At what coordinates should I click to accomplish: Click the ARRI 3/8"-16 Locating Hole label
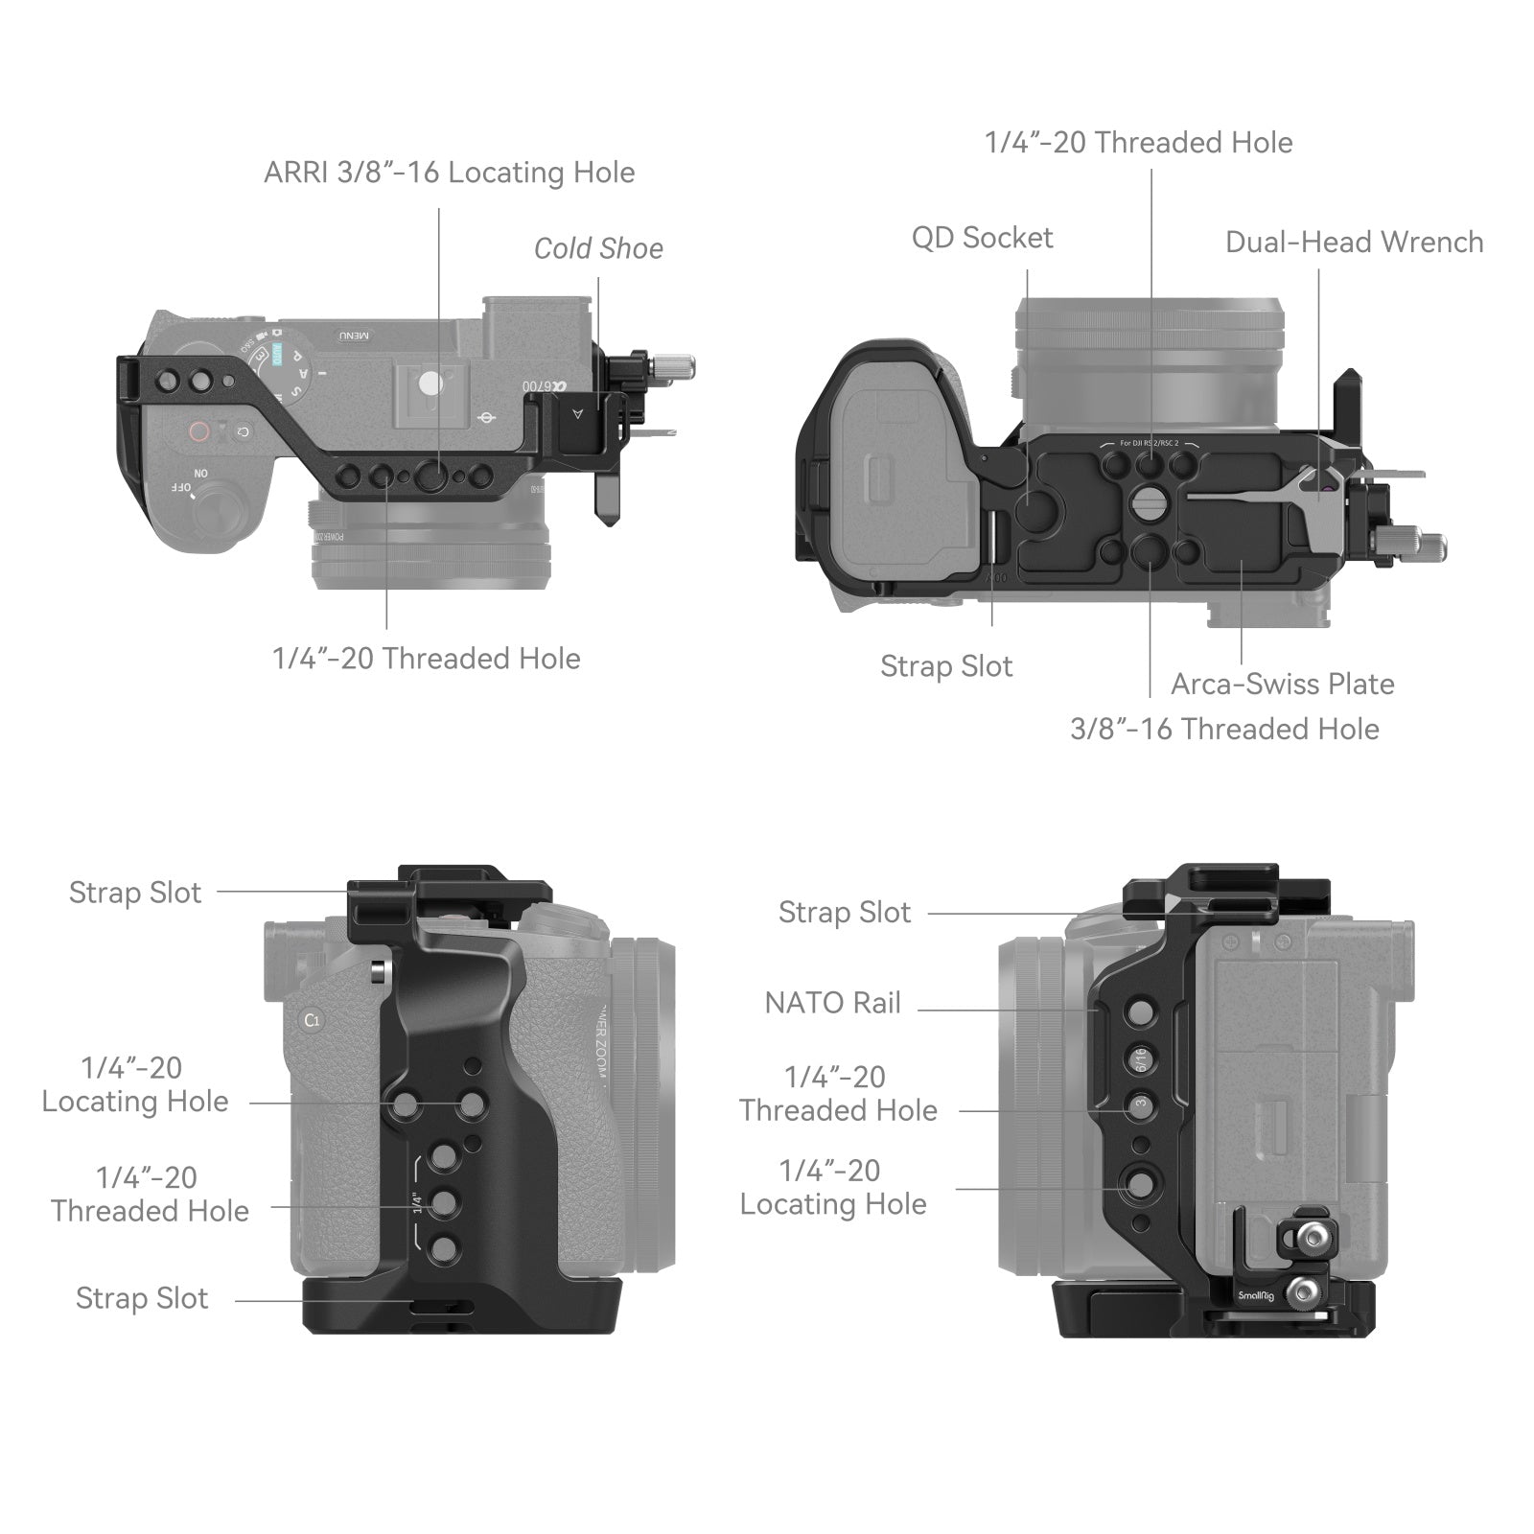point(449,173)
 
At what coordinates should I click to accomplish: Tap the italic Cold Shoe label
point(598,249)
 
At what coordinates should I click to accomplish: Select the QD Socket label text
point(982,238)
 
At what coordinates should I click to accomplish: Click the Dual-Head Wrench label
point(1354,243)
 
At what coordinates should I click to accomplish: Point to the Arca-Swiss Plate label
point(1282,685)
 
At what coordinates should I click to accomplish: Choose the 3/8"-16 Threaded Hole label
point(1224,730)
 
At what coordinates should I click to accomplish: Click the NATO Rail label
point(832,1004)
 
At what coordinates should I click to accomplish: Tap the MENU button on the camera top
point(352,336)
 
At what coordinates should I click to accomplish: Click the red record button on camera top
point(198,431)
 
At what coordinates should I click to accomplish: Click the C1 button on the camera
point(312,1020)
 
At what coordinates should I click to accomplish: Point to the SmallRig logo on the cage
point(1255,1296)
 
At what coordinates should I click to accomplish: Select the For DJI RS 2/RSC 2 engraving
point(1149,444)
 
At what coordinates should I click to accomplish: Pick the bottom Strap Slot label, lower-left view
point(142,1299)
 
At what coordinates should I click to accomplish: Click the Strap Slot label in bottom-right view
point(844,913)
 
